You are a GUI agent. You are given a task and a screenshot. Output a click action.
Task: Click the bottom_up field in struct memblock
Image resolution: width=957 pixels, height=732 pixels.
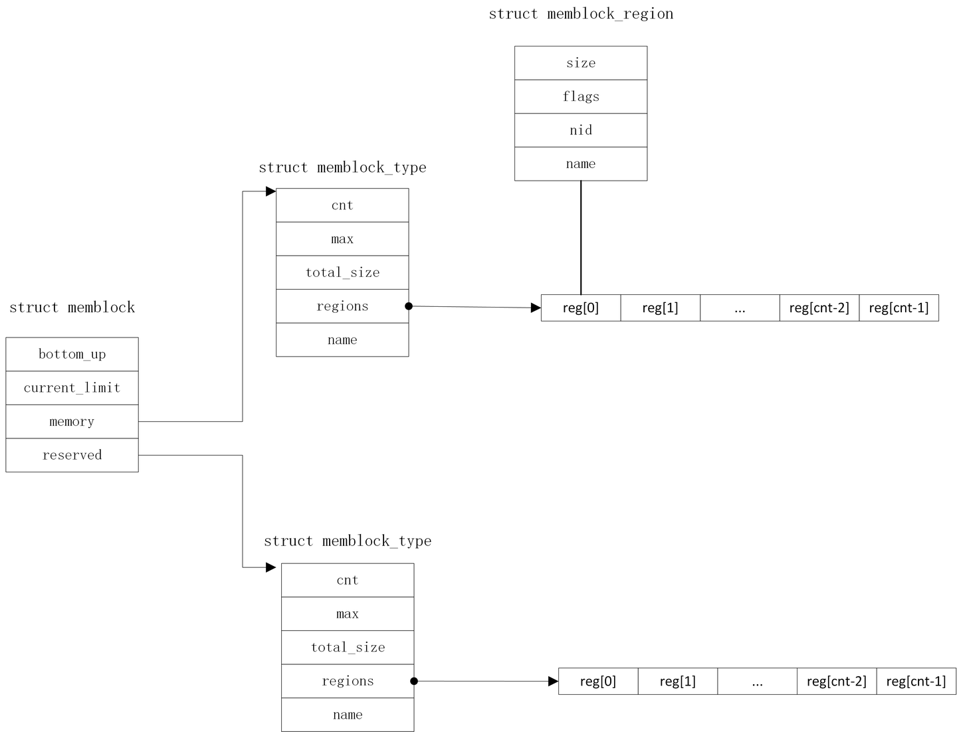72,354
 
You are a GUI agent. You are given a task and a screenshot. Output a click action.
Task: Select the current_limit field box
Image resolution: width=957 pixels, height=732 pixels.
72,388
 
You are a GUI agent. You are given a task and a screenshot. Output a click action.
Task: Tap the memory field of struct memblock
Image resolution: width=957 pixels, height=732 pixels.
72,422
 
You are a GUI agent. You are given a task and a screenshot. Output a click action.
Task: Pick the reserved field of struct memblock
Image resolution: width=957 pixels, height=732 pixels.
72,456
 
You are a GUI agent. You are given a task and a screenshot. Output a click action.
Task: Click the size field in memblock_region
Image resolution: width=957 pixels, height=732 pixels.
580,63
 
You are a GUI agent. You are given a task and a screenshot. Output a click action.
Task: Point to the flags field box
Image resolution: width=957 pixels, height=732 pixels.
580,97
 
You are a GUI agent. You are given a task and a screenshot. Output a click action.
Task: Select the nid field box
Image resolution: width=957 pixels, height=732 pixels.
580,130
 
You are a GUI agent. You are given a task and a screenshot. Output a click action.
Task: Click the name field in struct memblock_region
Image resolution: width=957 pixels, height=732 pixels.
580,164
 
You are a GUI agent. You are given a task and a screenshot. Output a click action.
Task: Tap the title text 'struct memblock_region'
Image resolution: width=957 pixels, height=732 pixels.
581,14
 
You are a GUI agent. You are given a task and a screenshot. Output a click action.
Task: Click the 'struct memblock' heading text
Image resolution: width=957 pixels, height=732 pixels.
72,308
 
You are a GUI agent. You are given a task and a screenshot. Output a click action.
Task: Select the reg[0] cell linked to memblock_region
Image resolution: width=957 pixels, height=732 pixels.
580,308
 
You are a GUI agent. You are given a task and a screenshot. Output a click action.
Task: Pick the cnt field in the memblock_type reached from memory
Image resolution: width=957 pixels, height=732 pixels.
342,205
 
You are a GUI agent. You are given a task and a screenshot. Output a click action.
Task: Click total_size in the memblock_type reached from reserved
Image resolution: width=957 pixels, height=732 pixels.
348,648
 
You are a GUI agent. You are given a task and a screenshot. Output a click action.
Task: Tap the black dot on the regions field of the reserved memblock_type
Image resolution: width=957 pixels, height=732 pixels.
414,681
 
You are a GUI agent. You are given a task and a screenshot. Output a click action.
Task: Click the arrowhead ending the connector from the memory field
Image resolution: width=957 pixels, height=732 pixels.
270,191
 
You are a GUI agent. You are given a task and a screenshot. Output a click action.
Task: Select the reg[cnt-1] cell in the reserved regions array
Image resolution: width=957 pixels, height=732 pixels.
916,682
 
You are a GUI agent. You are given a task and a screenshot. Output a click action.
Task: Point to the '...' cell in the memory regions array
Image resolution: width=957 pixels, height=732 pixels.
740,308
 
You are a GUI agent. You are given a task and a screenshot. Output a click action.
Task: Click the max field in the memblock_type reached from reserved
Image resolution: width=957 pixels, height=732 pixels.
348,614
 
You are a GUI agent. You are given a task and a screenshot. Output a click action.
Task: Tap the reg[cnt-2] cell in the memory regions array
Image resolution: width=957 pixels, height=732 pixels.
819,308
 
